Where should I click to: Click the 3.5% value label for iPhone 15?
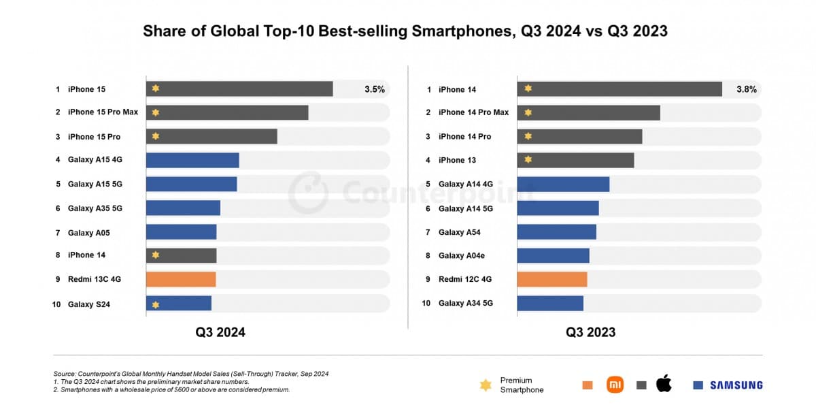point(374,89)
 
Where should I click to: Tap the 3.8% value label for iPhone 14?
point(746,89)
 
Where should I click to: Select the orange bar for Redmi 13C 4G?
point(181,279)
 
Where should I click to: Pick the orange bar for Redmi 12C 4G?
point(551,279)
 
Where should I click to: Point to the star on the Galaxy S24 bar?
point(156,304)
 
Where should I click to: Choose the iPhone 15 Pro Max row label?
point(103,112)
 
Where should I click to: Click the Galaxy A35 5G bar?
point(183,208)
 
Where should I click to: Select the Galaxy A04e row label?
point(461,256)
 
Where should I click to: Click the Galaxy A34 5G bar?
point(550,304)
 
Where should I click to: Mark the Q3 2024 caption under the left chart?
point(220,332)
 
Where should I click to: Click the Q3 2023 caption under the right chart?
point(591,332)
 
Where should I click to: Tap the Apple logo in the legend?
point(664,384)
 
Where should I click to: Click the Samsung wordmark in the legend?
point(736,385)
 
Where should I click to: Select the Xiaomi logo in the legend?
point(615,385)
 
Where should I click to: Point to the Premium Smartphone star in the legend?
point(486,385)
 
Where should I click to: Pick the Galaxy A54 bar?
point(556,232)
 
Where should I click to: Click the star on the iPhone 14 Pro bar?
point(528,136)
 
